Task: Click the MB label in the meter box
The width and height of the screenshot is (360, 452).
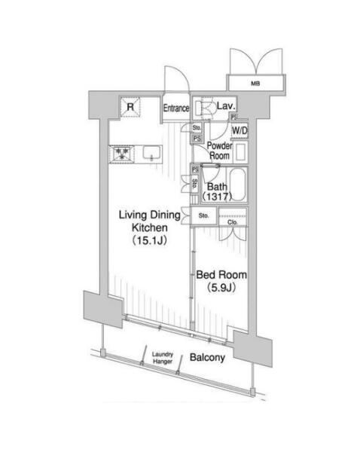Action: click(255, 84)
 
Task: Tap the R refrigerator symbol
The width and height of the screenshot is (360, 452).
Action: click(130, 107)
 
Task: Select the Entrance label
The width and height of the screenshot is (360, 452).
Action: click(176, 108)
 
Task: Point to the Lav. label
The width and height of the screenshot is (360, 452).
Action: click(226, 105)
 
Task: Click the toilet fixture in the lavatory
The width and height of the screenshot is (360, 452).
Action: click(203, 108)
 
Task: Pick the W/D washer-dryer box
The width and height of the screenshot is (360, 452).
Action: click(239, 130)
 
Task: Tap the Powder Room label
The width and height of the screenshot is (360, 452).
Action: click(220, 151)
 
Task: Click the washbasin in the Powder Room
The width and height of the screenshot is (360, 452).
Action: click(240, 152)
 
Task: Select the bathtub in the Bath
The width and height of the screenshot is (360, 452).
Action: click(238, 185)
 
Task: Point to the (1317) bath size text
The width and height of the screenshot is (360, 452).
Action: click(217, 197)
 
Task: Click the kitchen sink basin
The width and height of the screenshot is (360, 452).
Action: click(151, 152)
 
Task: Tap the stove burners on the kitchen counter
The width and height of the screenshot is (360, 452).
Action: click(121, 154)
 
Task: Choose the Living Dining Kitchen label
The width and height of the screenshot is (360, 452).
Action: click(150, 221)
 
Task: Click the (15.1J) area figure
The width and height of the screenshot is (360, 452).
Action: click(150, 240)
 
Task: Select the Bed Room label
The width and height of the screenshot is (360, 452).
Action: click(221, 275)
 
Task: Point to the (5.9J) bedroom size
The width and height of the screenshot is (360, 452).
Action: click(221, 288)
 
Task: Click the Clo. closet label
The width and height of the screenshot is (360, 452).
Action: click(232, 222)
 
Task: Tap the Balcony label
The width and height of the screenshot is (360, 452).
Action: click(207, 358)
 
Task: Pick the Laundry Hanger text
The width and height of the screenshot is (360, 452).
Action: click(163, 358)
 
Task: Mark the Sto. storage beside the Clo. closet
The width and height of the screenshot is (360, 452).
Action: click(203, 215)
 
